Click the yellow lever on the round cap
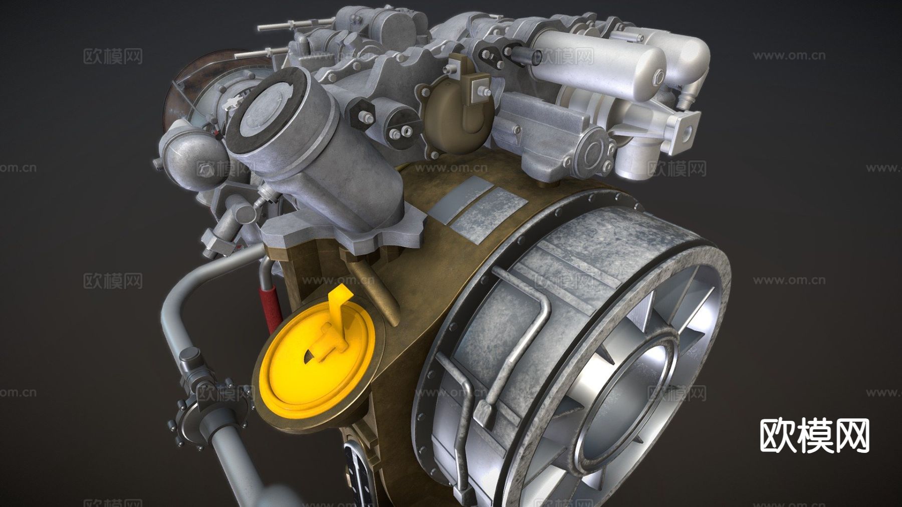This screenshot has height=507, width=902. tap(332, 326)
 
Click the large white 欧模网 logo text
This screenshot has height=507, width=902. tap(814, 435)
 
